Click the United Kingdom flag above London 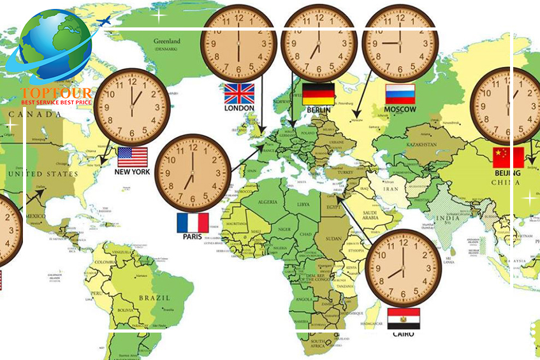tap(239, 94)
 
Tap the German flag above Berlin tap(318, 94)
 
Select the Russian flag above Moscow tap(400, 94)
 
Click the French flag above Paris tap(193, 222)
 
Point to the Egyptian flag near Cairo tap(404, 318)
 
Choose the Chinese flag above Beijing tap(508, 157)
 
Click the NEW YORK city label tap(132, 172)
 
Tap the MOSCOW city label tap(400, 110)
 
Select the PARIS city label tap(192, 237)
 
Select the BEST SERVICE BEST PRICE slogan tap(57, 102)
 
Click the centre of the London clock tap(238, 43)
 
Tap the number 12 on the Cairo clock tap(404, 241)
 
